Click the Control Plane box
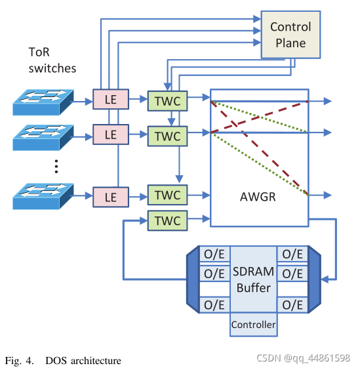[290, 35]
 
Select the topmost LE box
[111, 99]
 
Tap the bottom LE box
[111, 197]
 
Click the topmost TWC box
[167, 101]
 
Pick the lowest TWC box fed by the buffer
[167, 220]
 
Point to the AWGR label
[258, 197]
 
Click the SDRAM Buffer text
[254, 279]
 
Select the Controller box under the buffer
[254, 325]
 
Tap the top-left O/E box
[214, 254]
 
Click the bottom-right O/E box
[292, 305]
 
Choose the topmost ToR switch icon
[43, 102]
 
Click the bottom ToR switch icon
[43, 196]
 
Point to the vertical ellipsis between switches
[56, 167]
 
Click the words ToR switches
[52, 60]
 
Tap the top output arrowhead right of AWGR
[327, 101]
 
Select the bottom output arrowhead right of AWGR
[327, 195]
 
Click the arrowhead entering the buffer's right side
[325, 279]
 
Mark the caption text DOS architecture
[83, 361]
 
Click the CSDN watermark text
[303, 358]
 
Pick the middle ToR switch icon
[43, 137]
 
